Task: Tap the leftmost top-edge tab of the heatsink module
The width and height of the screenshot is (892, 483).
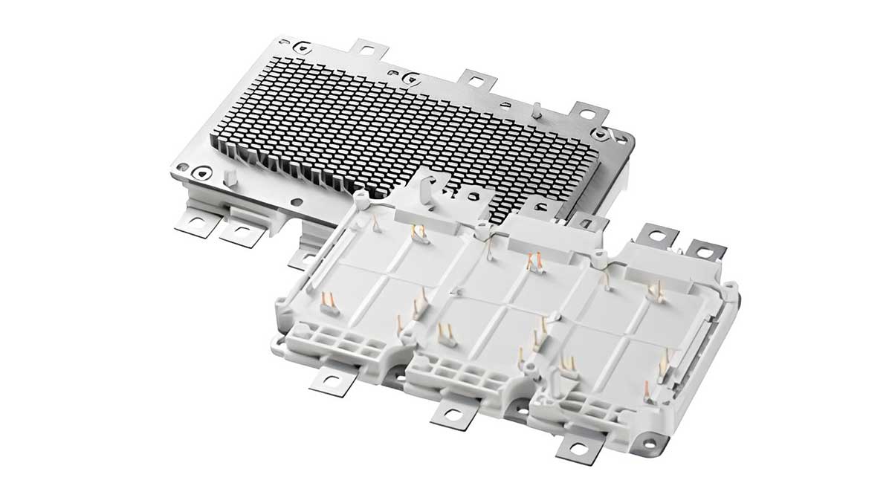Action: tap(366, 51)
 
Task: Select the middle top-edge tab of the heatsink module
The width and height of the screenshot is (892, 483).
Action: tap(476, 79)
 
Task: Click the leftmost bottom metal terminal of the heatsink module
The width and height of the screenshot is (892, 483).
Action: tap(196, 221)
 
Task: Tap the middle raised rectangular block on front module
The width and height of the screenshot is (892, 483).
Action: tap(534, 235)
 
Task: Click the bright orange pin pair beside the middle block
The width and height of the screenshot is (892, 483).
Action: tap(532, 261)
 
